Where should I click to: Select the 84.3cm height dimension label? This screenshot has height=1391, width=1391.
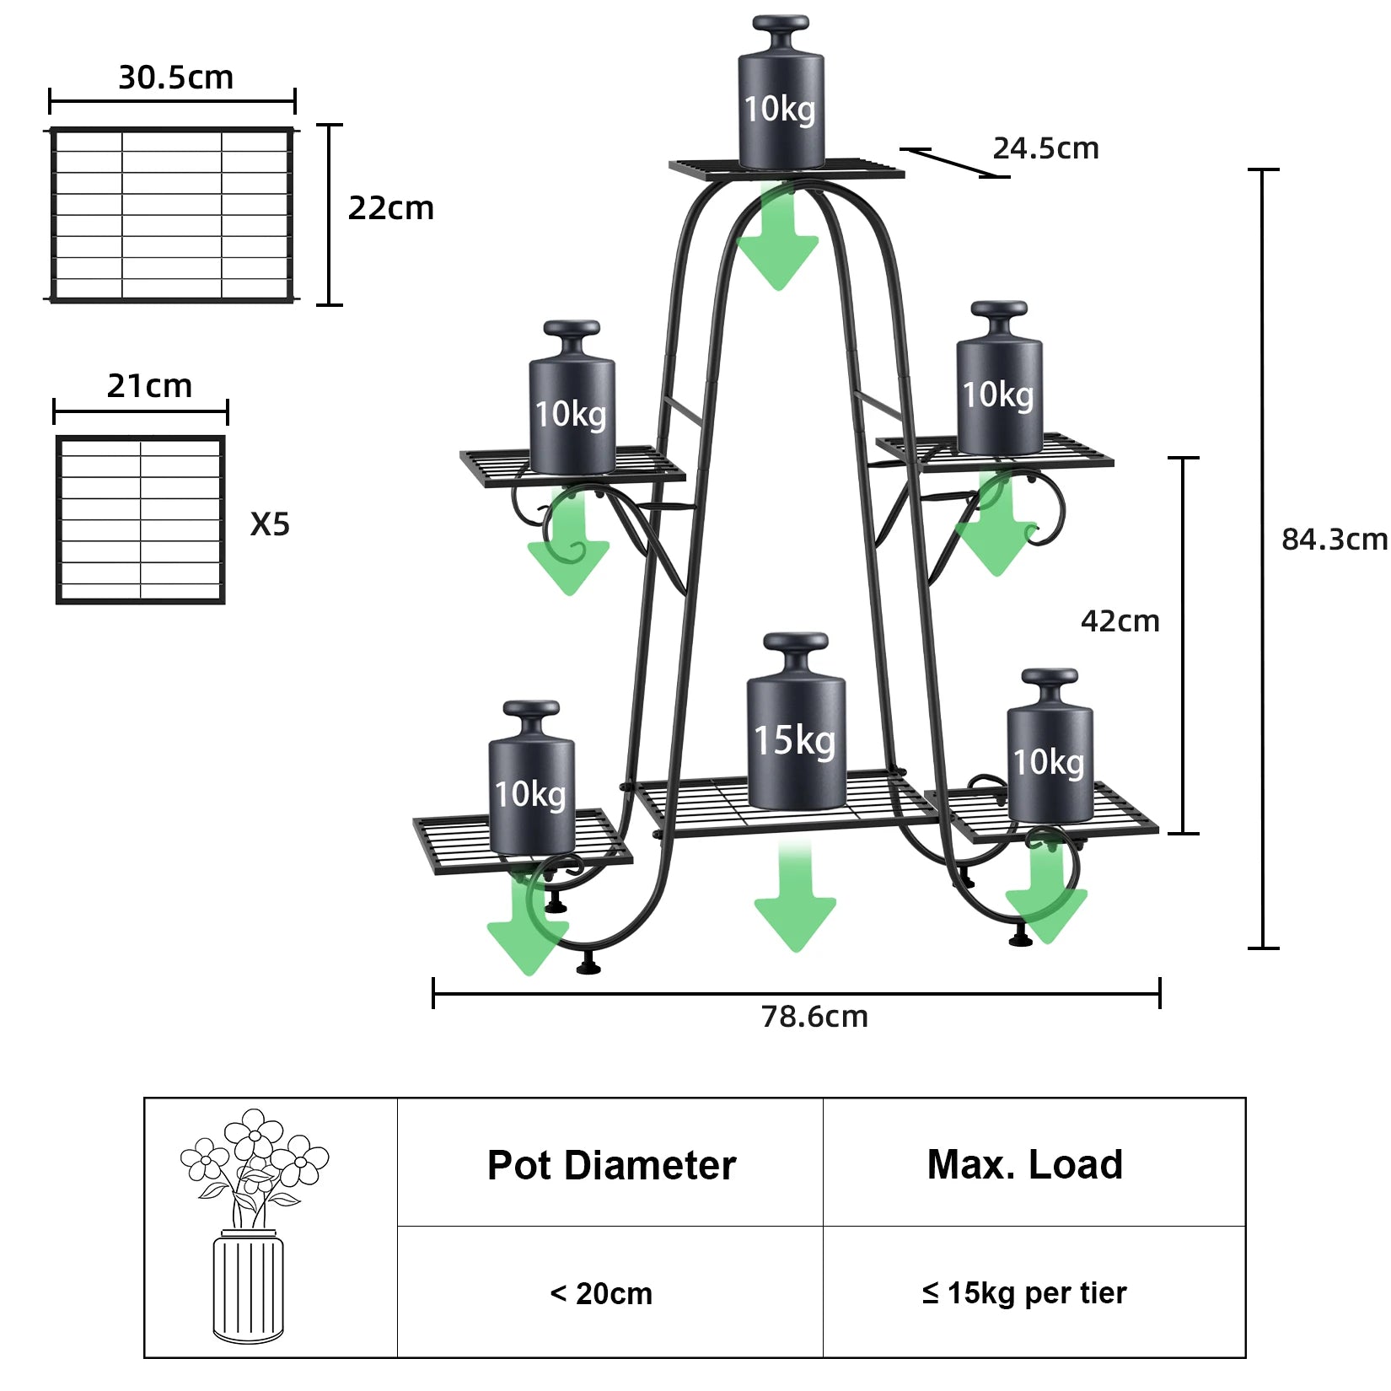click(x=1334, y=539)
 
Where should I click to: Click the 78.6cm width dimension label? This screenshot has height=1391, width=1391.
click(x=814, y=1017)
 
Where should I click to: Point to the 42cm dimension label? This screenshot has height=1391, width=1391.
click(x=1120, y=621)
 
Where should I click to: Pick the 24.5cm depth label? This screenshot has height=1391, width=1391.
click(x=1045, y=148)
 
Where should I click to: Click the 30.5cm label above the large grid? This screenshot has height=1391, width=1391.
click(x=175, y=78)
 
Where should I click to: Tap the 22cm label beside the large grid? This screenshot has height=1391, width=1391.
click(x=390, y=208)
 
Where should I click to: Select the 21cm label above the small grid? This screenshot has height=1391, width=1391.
click(x=149, y=386)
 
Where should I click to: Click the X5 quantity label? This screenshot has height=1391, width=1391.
click(x=270, y=524)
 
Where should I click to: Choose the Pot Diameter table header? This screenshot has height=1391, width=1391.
click(x=611, y=1165)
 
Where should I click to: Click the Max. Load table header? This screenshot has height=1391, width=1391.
click(x=1024, y=1164)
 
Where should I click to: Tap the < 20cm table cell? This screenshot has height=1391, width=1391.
click(x=601, y=1293)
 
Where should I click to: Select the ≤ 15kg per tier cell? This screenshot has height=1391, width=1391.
click(x=1024, y=1292)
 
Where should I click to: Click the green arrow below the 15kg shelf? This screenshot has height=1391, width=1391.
click(x=794, y=902)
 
